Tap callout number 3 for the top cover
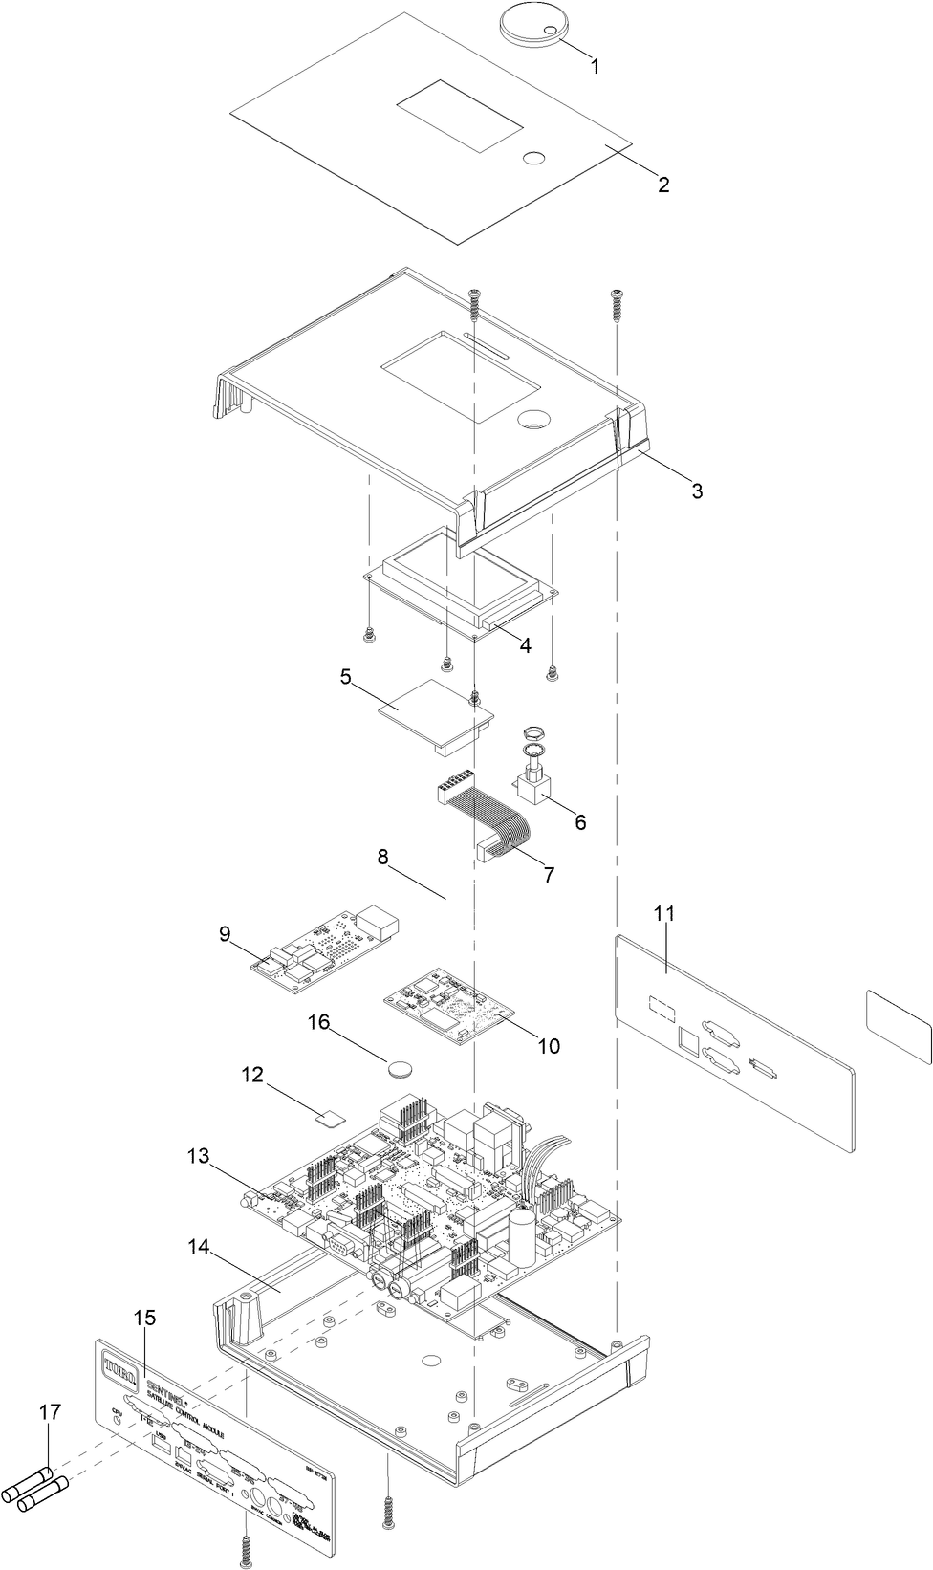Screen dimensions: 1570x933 pos(697,491)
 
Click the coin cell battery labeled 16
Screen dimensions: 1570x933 pos(401,1064)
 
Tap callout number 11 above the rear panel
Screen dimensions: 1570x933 pos(664,913)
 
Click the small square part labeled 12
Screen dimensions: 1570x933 pos(331,1116)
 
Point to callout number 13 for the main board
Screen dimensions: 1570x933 pos(198,1156)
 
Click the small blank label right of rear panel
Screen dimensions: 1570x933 pos(898,1026)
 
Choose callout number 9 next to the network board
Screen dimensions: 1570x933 pos(225,933)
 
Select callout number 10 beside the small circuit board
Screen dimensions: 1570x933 pos(549,1046)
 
